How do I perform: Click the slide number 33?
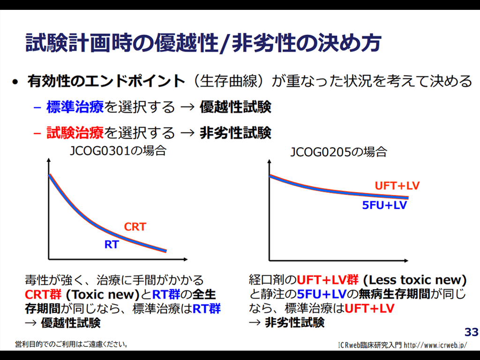click(x=471, y=332)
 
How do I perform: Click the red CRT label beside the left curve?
click(x=135, y=227)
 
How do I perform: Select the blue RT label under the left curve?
click(x=111, y=244)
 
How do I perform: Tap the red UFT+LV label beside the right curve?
click(x=397, y=186)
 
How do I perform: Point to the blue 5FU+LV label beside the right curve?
click(x=384, y=205)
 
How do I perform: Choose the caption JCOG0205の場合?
click(x=339, y=152)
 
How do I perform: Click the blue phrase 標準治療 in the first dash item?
click(x=75, y=107)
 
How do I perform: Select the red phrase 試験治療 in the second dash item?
click(x=75, y=133)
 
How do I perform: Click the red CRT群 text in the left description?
click(x=44, y=295)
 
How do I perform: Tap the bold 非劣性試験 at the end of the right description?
click(x=294, y=322)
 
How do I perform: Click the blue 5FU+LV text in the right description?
click(x=322, y=294)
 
